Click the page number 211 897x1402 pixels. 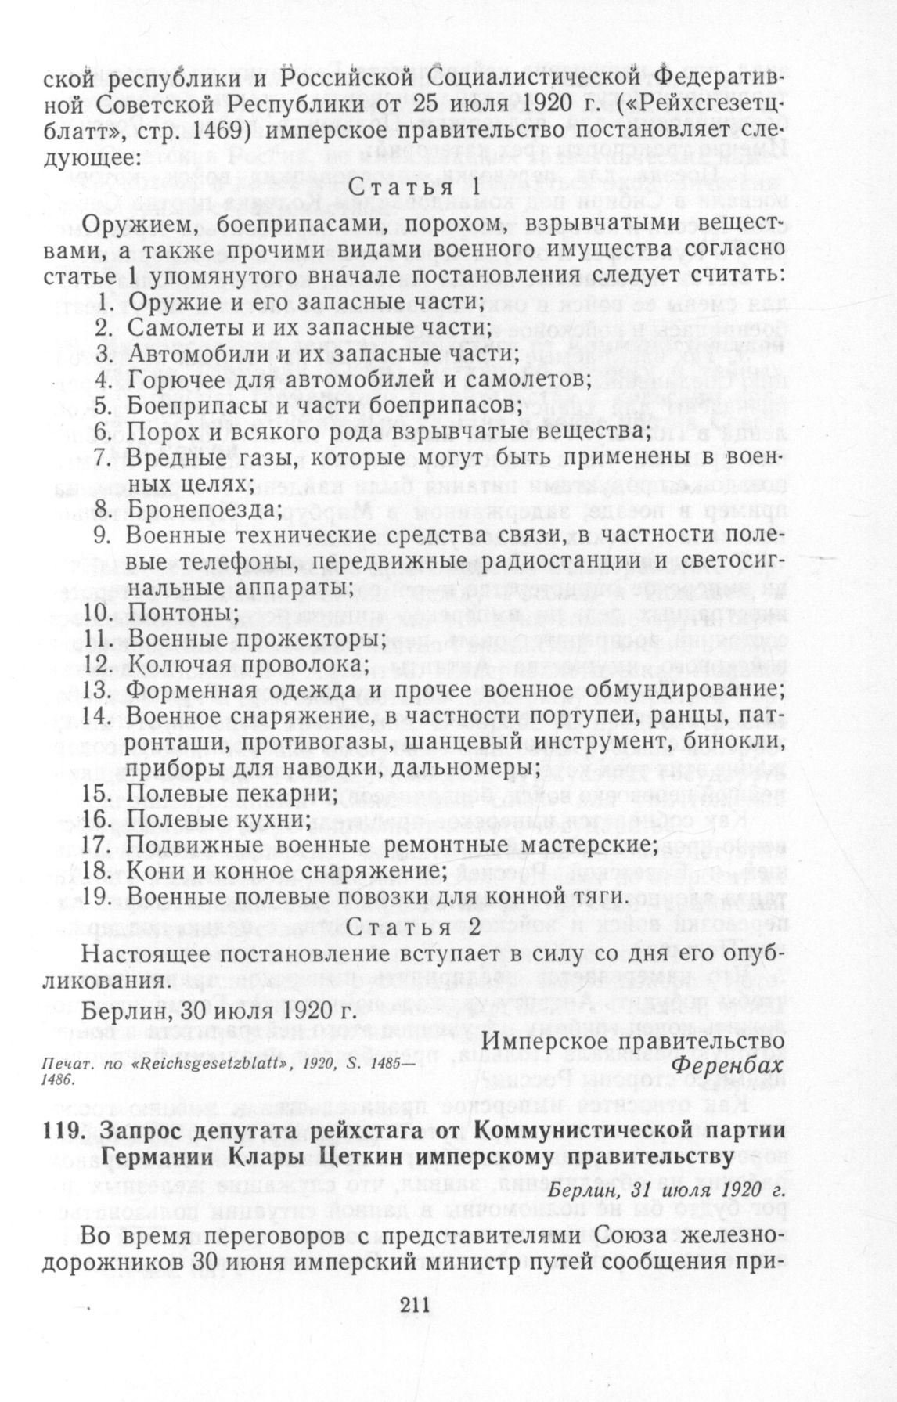point(415,1304)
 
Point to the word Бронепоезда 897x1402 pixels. point(203,509)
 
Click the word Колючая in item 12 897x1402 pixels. point(180,664)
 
